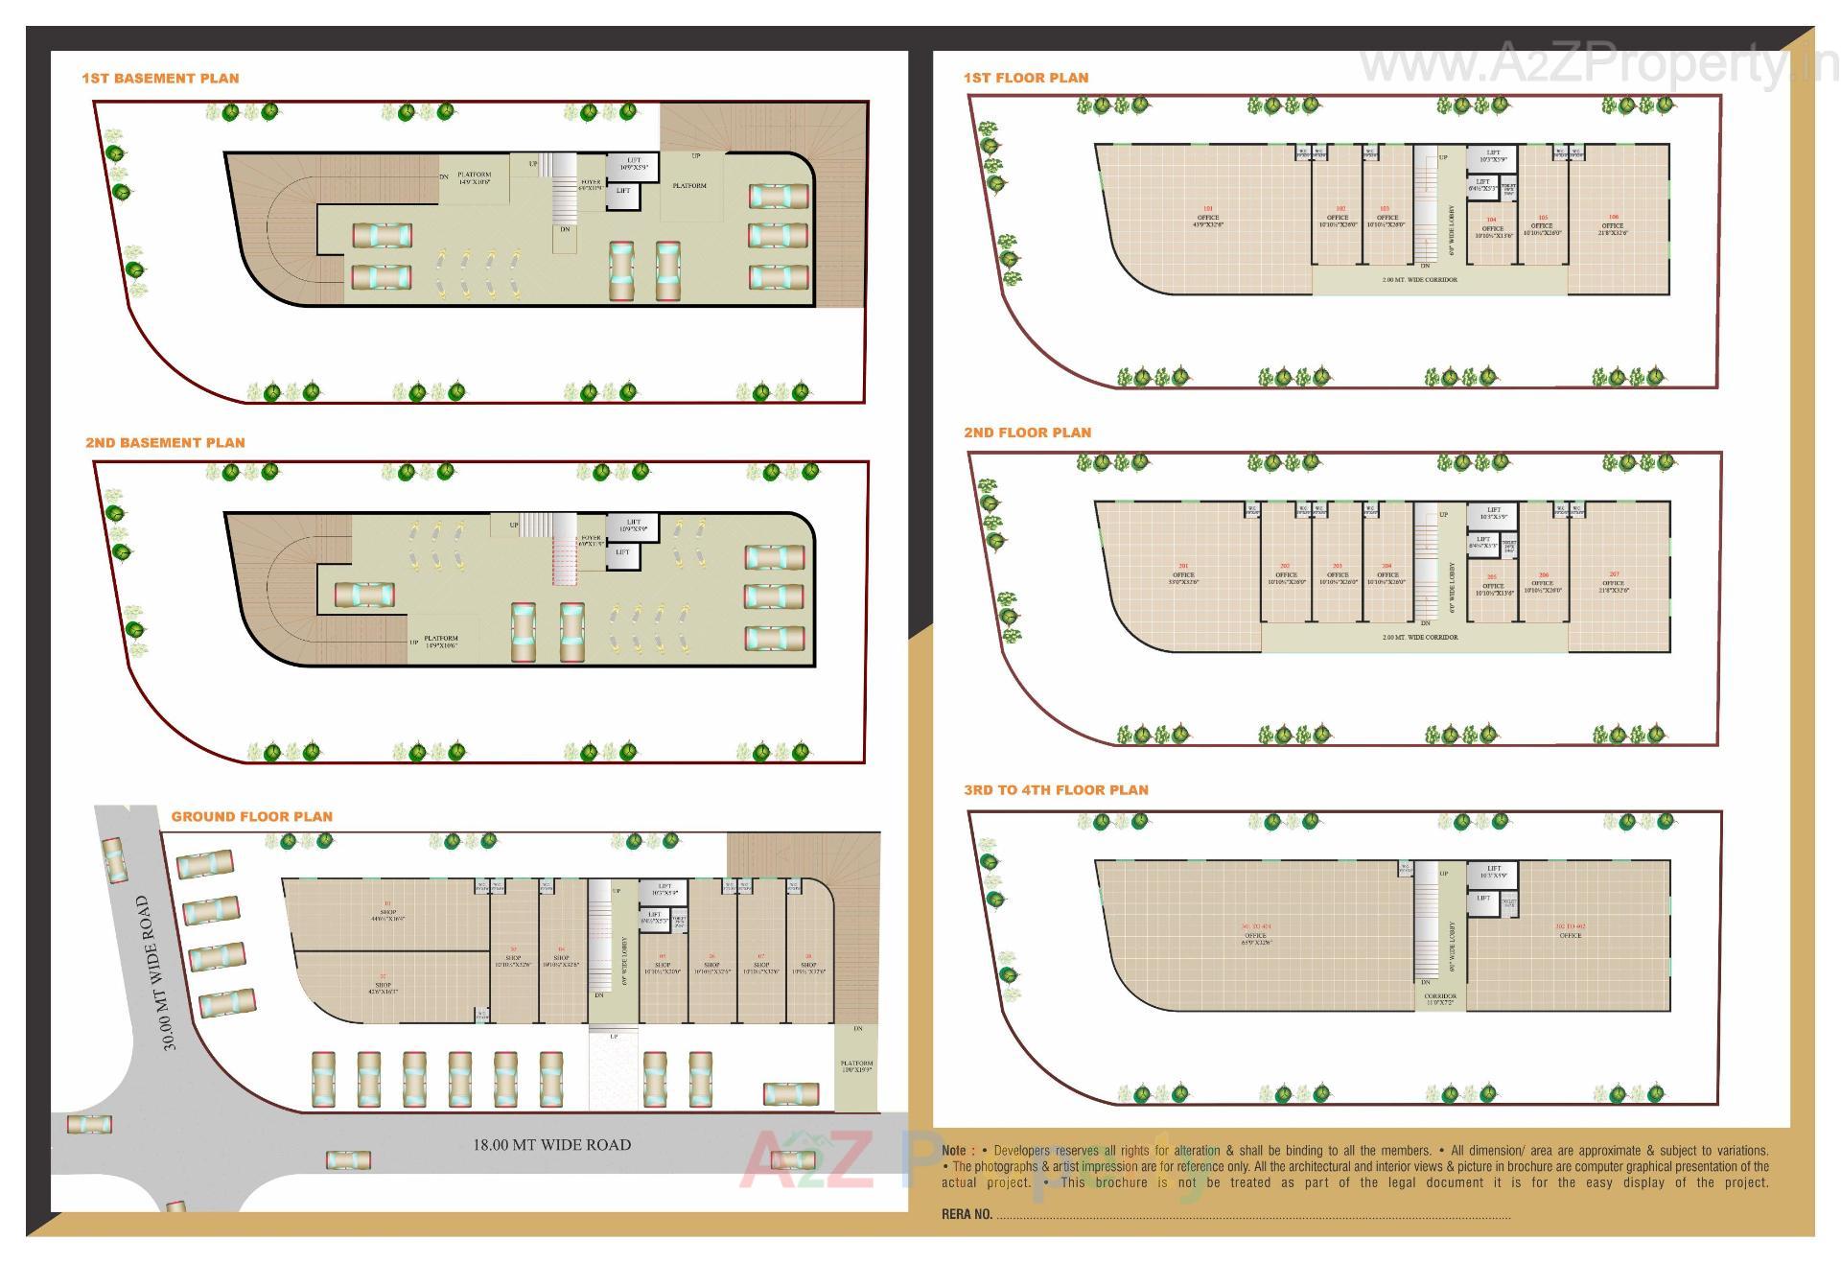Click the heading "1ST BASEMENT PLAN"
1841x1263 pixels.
click(x=160, y=79)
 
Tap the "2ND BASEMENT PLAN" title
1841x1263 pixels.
click(x=165, y=443)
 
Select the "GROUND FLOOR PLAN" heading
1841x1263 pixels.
click(x=252, y=817)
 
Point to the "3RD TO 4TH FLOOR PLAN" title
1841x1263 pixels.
click(x=1056, y=790)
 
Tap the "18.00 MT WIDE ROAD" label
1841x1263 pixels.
click(x=551, y=1145)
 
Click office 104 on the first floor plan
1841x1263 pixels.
click(x=1492, y=228)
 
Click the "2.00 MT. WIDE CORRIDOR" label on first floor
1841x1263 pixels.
click(x=1419, y=280)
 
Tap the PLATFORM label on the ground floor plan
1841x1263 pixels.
click(x=856, y=1065)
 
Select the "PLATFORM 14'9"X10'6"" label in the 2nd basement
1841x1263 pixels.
click(x=441, y=642)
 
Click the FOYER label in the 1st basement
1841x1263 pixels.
click(x=591, y=184)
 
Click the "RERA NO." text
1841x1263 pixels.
click(x=967, y=1214)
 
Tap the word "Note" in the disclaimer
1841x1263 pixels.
click(x=954, y=1151)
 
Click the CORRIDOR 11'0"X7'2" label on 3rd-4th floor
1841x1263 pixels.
click(x=1440, y=1000)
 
